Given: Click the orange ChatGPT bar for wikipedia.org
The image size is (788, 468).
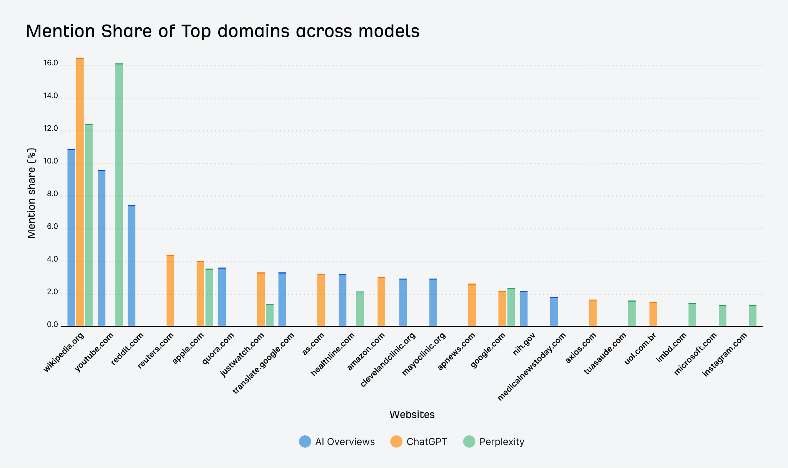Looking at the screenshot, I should (x=80, y=192).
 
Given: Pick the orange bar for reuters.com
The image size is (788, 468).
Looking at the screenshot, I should (x=170, y=291).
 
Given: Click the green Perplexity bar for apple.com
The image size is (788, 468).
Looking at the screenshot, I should (x=209, y=297).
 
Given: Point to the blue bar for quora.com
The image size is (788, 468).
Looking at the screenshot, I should (x=222, y=297).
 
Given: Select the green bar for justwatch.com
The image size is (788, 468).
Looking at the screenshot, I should (x=269, y=315).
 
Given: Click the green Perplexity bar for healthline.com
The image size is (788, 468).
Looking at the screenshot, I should (x=360, y=309).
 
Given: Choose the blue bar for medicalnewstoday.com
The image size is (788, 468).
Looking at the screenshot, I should (x=554, y=312).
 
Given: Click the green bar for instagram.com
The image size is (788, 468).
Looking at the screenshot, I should (x=753, y=315).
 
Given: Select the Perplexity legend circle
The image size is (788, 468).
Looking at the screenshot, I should (x=469, y=441).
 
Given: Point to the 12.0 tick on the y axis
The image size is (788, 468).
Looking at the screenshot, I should (x=51, y=128).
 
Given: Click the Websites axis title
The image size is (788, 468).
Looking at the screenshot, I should (x=412, y=415).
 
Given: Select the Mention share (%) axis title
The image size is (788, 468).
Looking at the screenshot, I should (x=32, y=193).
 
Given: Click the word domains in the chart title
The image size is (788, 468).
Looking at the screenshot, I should (x=254, y=31).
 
